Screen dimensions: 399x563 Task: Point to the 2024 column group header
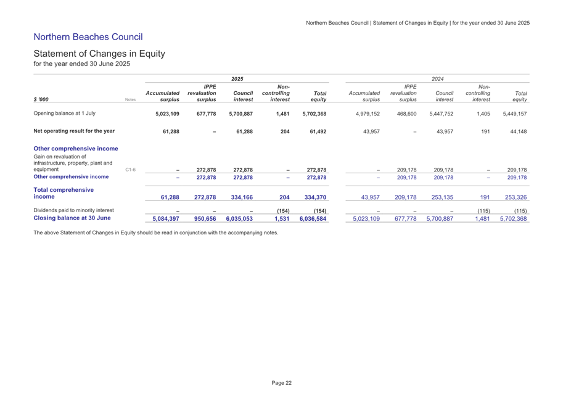438,78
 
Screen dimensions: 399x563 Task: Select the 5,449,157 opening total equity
514,114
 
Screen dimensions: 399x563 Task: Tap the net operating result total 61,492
314,131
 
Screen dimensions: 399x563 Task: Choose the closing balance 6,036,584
313,218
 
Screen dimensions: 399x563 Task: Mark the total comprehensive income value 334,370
313,198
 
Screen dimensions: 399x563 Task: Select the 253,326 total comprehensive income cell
513,198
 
